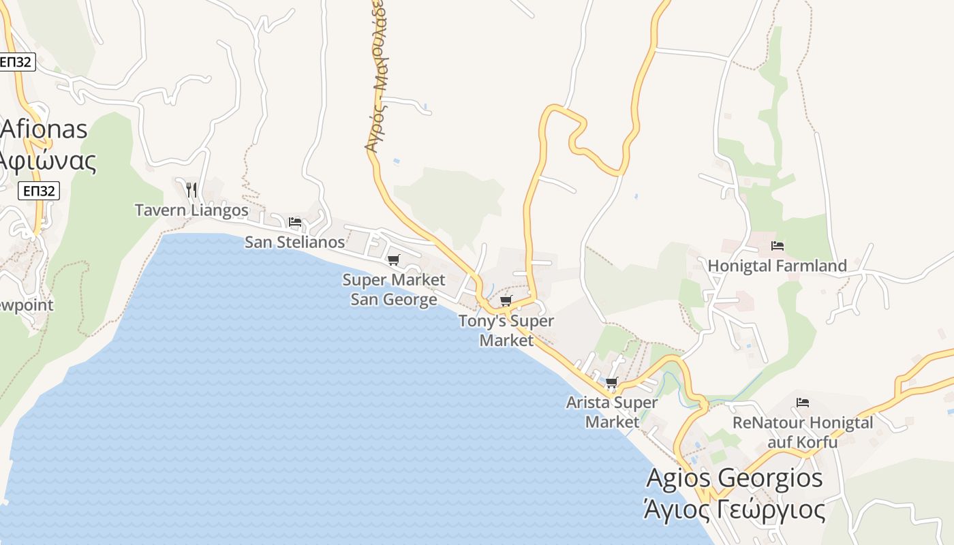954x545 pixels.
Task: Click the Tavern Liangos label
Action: [191, 210]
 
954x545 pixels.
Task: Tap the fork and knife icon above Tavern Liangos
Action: [191, 189]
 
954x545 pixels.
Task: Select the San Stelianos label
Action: [294, 242]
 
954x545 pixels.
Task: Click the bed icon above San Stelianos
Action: [295, 222]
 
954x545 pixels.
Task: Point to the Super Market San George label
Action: [394, 290]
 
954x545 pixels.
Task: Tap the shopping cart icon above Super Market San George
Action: [393, 260]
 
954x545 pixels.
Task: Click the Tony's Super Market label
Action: [506, 330]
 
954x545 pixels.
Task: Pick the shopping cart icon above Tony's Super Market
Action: [506, 300]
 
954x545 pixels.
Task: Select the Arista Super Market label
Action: [612, 412]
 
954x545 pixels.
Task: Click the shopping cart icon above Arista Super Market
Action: [611, 382]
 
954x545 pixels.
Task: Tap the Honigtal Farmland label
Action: [778, 266]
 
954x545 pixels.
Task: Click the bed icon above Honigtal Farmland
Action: [778, 246]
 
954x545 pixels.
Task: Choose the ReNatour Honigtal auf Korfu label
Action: [803, 432]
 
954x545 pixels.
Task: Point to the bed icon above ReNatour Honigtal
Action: [803, 403]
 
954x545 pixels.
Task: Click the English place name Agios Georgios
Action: [735, 478]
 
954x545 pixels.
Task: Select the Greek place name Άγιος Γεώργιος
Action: [735, 509]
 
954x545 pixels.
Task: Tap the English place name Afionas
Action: [44, 129]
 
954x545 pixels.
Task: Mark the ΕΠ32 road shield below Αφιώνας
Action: [39, 191]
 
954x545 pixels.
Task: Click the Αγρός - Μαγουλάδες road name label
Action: [375, 75]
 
